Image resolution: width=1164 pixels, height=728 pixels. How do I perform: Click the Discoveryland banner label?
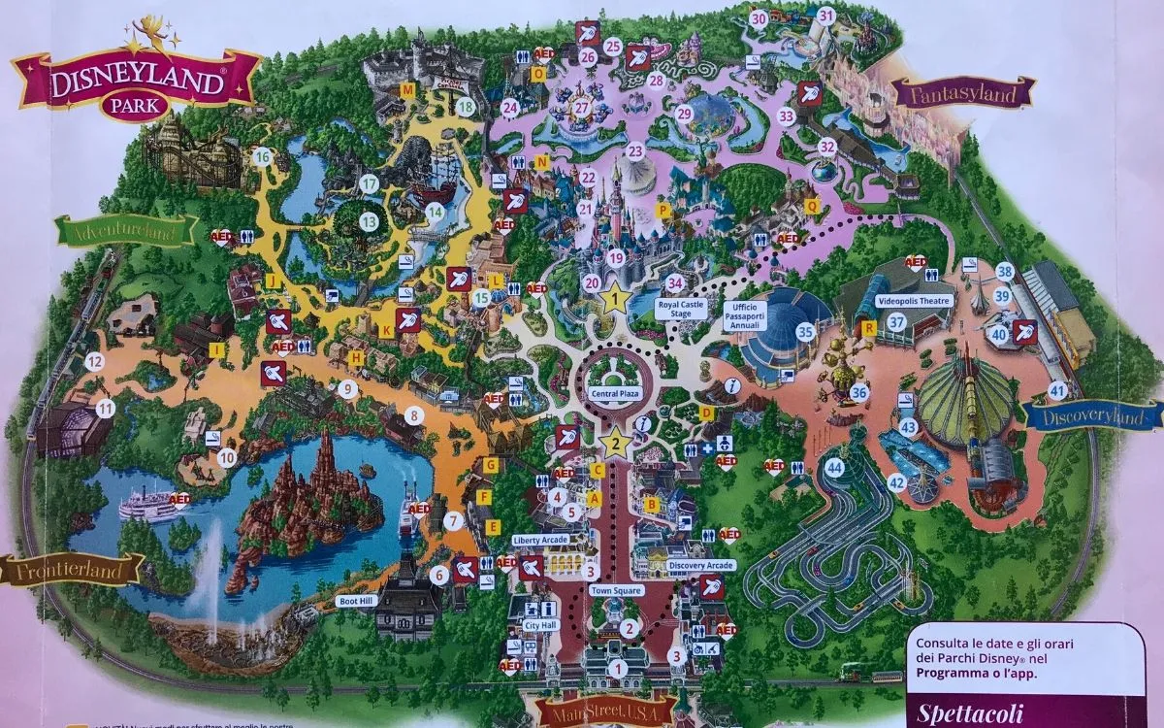click(1094, 416)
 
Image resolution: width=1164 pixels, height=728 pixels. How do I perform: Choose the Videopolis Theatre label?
click(915, 301)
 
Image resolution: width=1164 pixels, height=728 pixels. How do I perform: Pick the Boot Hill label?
click(355, 601)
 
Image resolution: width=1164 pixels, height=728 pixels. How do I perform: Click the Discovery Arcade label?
click(701, 565)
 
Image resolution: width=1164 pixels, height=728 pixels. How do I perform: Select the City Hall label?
click(539, 625)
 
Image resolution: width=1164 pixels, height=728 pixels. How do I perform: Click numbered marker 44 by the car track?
click(835, 468)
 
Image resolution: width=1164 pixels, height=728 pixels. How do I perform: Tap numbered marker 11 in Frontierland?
click(105, 409)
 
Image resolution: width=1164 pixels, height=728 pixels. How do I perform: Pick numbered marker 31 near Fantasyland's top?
click(825, 16)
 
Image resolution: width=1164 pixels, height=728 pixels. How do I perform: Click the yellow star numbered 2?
click(613, 444)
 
